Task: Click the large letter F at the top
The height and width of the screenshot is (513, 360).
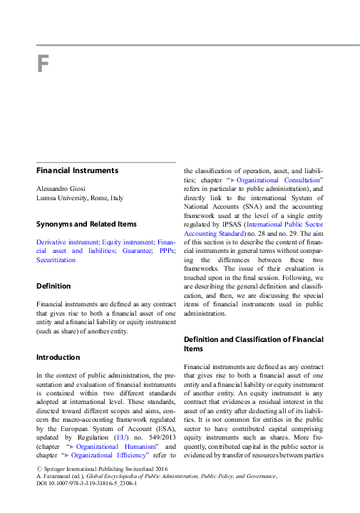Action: pyautogui.click(x=43, y=65)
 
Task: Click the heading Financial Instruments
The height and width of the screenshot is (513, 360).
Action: pyautogui.click(x=78, y=171)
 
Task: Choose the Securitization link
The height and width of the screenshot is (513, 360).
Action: pyautogui.click(x=56, y=260)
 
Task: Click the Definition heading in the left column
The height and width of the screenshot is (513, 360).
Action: pyautogui.click(x=53, y=286)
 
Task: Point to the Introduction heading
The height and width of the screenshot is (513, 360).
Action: pyautogui.click(x=58, y=357)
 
